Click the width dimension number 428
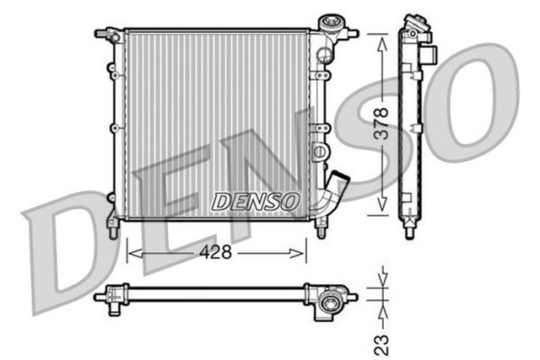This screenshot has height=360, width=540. coord(217,252)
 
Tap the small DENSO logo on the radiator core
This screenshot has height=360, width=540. coord(256,201)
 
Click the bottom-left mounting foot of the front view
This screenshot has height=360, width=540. coord(111,224)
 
